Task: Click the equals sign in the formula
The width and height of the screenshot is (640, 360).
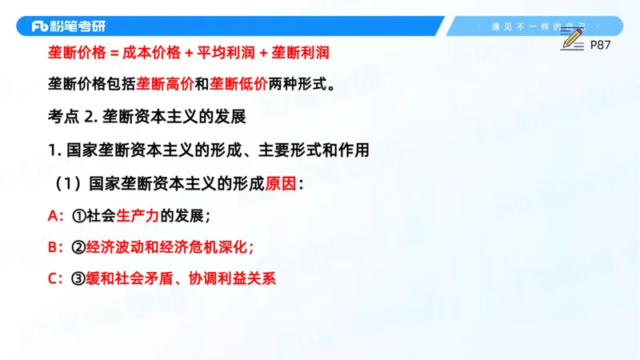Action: tap(114, 53)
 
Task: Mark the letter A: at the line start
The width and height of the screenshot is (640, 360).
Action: tap(56, 216)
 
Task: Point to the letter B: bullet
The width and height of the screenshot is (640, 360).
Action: tap(56, 247)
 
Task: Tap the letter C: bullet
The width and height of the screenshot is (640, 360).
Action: tap(56, 279)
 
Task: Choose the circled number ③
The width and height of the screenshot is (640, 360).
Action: tap(78, 279)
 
